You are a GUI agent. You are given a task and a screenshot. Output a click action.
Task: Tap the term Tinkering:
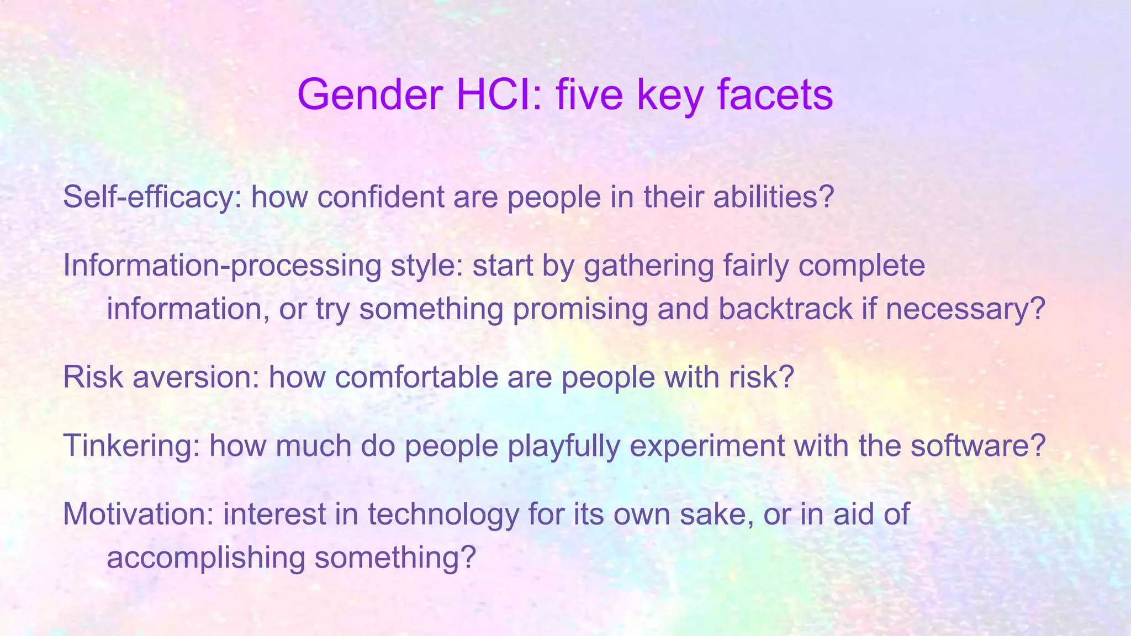pyautogui.click(x=131, y=446)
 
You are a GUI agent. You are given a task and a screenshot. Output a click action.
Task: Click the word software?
pyautogui.click(x=978, y=446)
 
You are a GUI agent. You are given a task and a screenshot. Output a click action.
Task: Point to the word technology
pyautogui.click(x=443, y=514)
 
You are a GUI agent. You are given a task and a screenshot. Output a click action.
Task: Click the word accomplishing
pyautogui.click(x=205, y=557)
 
